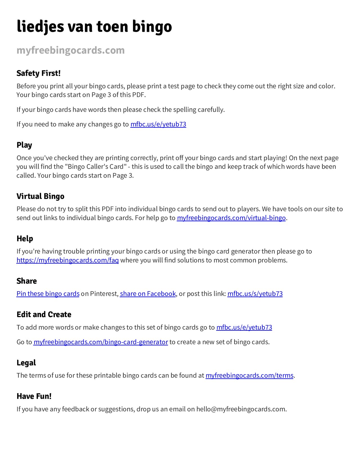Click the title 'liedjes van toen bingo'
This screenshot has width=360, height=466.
(94, 27)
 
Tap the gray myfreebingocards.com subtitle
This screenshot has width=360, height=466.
(71, 50)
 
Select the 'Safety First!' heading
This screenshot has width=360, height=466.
(39, 73)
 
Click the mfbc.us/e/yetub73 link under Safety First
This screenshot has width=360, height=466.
(158, 124)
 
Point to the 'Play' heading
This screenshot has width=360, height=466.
(24, 145)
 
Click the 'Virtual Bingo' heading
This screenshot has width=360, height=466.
(40, 196)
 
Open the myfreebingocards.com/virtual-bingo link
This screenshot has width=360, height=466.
(231, 218)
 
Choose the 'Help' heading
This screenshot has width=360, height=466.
(25, 239)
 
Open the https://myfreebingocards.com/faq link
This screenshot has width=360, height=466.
(67, 260)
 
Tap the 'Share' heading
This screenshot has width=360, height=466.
(26, 281)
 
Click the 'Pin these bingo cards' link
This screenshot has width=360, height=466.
(48, 294)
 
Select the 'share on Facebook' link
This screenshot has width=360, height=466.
(148, 294)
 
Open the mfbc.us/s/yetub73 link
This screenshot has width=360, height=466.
(255, 294)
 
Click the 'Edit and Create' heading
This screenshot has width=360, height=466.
(44, 314)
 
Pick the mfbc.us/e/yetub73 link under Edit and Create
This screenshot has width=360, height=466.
(244, 327)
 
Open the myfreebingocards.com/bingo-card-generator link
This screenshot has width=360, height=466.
(101, 342)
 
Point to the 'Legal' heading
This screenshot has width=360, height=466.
(26, 363)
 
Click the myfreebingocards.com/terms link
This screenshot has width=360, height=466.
(249, 375)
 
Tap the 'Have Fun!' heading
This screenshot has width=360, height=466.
(34, 396)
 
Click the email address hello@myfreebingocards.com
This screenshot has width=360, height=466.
(241, 409)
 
